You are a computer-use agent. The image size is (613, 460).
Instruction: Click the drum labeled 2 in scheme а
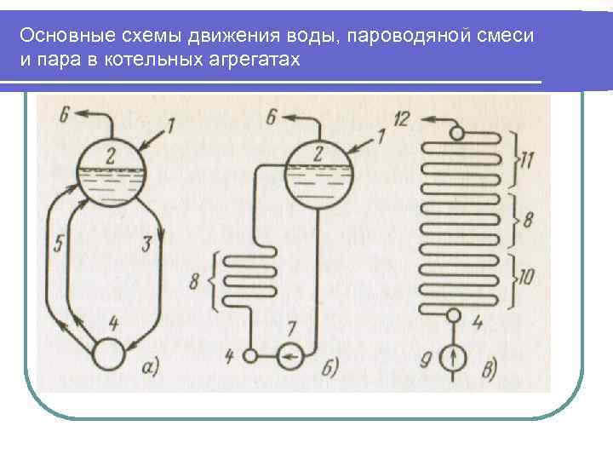point(111,171)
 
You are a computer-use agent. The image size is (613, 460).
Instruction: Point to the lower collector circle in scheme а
point(110,353)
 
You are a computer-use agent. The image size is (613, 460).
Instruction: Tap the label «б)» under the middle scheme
point(332,367)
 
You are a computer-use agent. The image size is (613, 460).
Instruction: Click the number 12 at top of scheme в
point(403,118)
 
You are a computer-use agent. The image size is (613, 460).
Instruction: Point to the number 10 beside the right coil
point(527,276)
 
